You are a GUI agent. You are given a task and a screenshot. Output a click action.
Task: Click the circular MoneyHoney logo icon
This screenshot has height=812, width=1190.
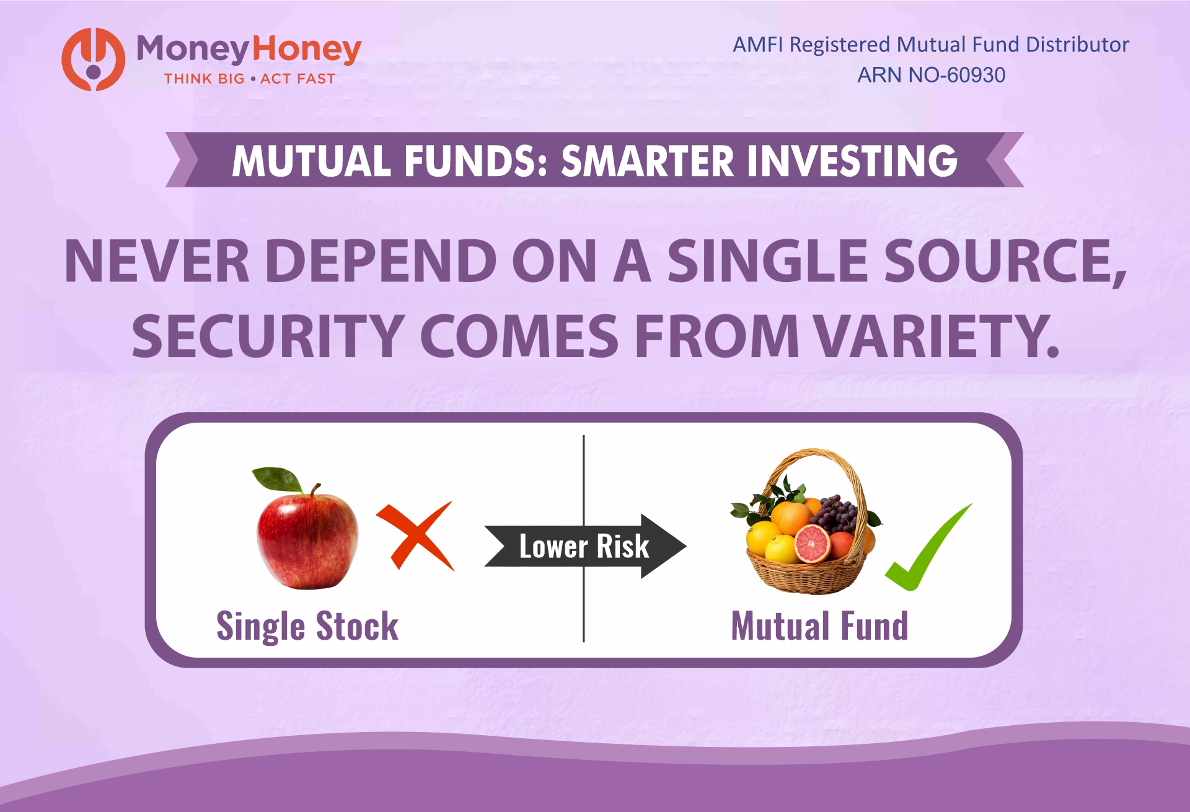93,60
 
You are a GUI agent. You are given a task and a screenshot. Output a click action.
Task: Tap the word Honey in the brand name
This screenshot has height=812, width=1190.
307,50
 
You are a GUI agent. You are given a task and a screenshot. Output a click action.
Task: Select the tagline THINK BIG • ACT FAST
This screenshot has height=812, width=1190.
249,79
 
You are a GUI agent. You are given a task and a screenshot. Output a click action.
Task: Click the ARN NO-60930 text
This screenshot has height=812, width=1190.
931,75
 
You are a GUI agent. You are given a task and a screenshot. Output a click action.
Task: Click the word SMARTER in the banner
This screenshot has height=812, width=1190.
647,161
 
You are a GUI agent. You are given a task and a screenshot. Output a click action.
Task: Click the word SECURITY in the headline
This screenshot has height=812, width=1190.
268,336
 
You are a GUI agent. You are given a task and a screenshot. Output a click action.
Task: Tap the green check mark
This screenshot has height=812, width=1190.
927,548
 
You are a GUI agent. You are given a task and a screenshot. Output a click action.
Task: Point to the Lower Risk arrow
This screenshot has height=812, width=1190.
584,546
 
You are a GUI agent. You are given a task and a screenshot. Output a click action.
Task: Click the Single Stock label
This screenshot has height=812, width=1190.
307,626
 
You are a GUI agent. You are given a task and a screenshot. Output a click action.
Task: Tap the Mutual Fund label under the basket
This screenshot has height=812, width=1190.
819,626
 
